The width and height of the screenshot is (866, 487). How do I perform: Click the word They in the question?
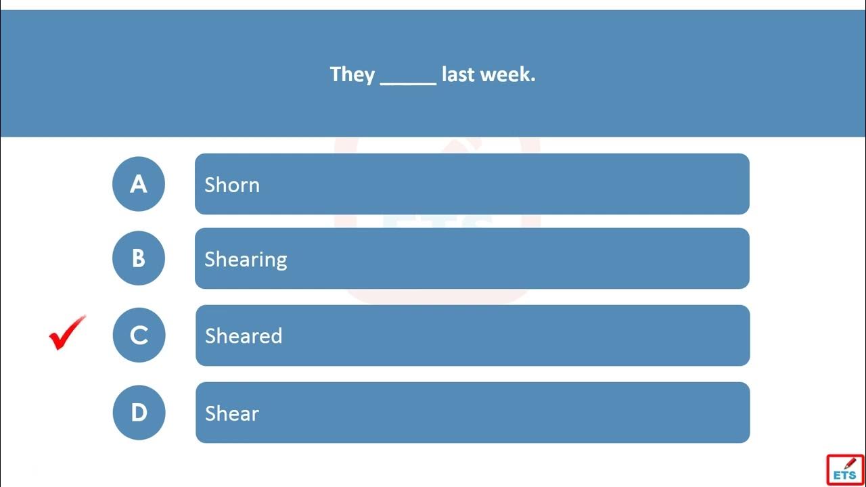(352, 74)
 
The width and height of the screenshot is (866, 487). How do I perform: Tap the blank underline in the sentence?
(408, 83)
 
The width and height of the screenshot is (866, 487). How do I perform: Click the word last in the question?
(458, 74)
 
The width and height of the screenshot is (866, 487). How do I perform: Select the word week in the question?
(505, 74)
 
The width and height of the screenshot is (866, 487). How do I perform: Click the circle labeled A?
(139, 183)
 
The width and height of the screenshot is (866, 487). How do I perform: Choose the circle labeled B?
(139, 258)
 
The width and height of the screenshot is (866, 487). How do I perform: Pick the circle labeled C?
(139, 335)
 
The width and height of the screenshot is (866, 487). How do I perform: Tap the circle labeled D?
(139, 413)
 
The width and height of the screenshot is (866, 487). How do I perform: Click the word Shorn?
(232, 185)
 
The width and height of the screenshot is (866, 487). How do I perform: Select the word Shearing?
(246, 259)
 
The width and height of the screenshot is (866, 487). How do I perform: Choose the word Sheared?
(244, 335)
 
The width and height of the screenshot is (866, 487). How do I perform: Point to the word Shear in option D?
(232, 413)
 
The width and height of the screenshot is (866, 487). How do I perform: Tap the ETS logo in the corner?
(846, 470)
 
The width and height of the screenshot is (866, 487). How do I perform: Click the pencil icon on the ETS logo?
(850, 463)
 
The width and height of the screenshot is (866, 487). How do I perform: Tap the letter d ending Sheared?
(277, 335)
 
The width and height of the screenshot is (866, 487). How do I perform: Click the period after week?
(533, 80)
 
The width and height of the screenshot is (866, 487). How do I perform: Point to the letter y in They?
(369, 77)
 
